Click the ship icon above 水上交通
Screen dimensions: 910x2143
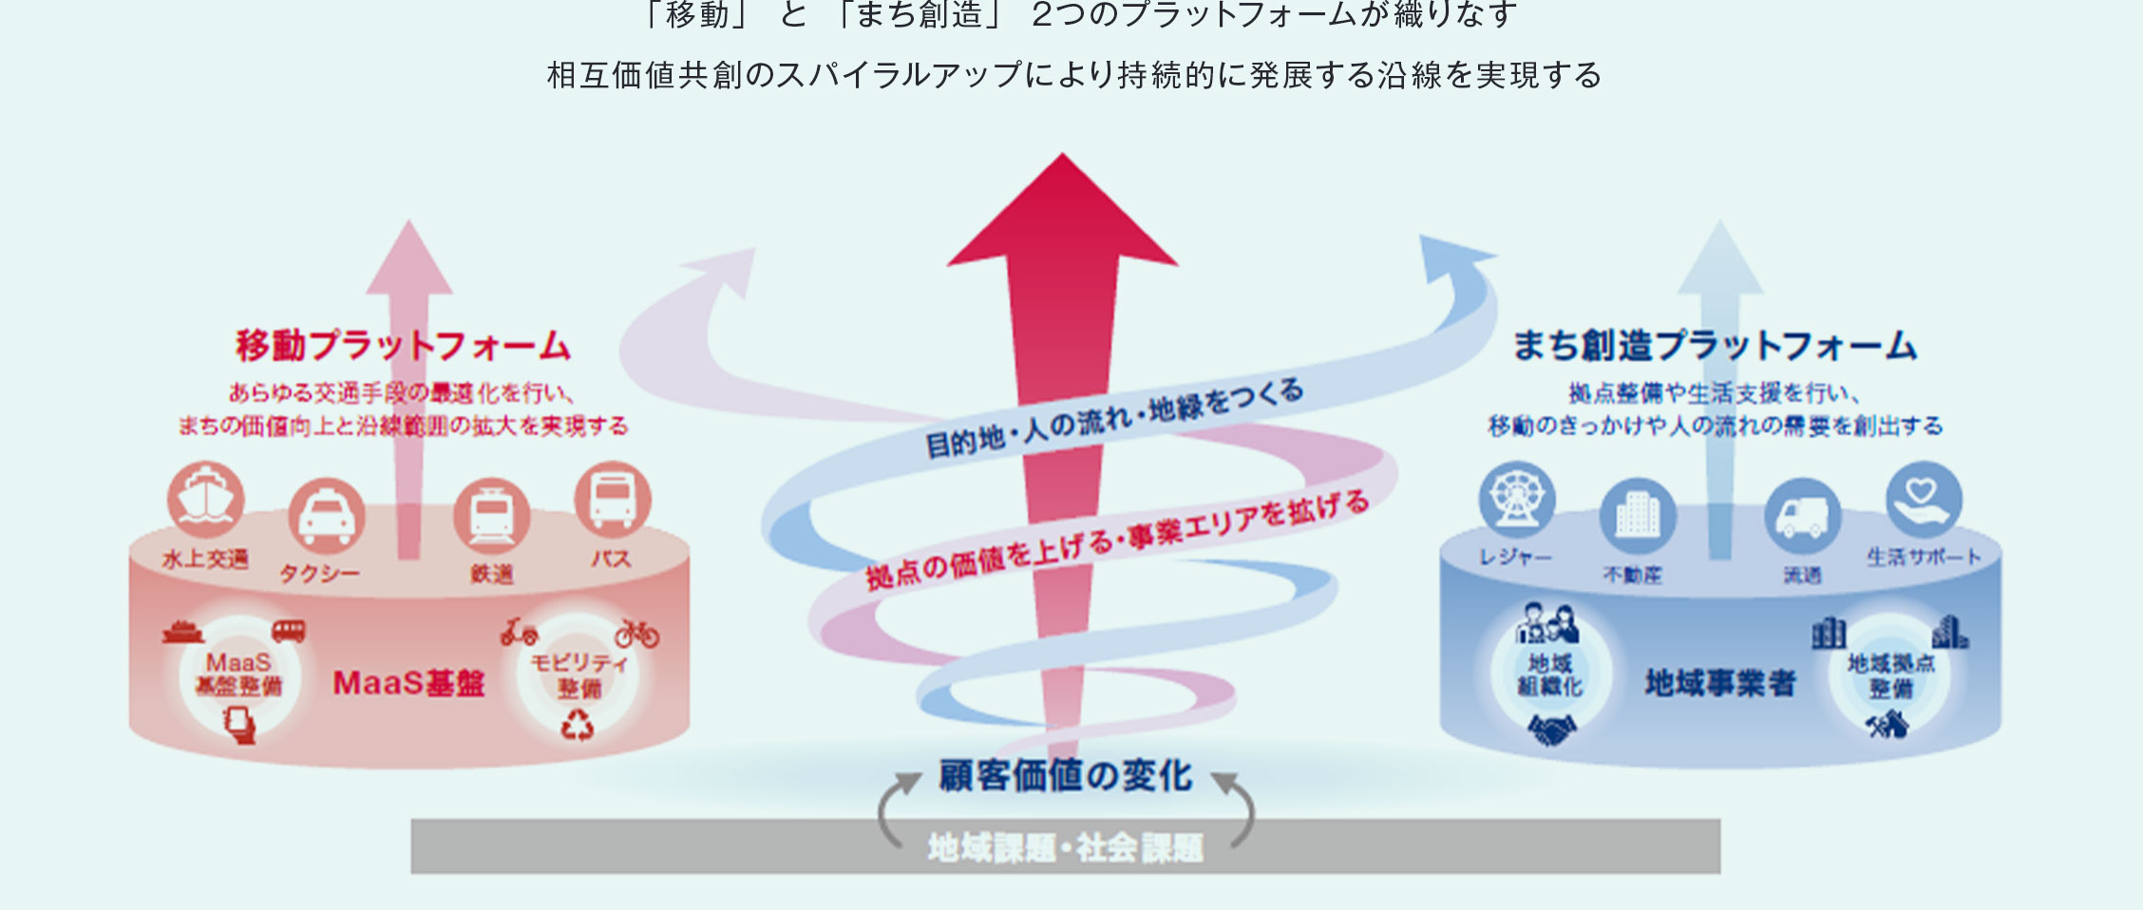click(205, 499)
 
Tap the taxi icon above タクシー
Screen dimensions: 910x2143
click(326, 516)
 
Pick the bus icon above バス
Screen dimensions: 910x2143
click(613, 499)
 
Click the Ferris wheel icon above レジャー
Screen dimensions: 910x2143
click(1517, 499)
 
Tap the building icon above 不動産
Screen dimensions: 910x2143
click(1638, 516)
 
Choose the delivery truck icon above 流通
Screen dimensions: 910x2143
click(1802, 516)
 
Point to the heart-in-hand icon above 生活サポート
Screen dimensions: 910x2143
click(1924, 499)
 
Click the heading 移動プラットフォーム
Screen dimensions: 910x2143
click(403, 346)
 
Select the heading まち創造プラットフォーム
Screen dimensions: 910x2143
click(1715, 346)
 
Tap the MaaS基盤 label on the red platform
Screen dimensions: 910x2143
click(408, 683)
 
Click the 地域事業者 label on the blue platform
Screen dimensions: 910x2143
click(1720, 683)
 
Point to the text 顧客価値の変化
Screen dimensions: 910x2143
click(1065, 776)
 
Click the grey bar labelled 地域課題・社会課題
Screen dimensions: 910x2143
click(1065, 847)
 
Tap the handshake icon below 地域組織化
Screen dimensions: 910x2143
click(1552, 730)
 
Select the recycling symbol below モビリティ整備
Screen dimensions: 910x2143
click(578, 727)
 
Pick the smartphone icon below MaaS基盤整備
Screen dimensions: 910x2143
click(240, 727)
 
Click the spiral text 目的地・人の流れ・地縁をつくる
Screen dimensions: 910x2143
click(1113, 417)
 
